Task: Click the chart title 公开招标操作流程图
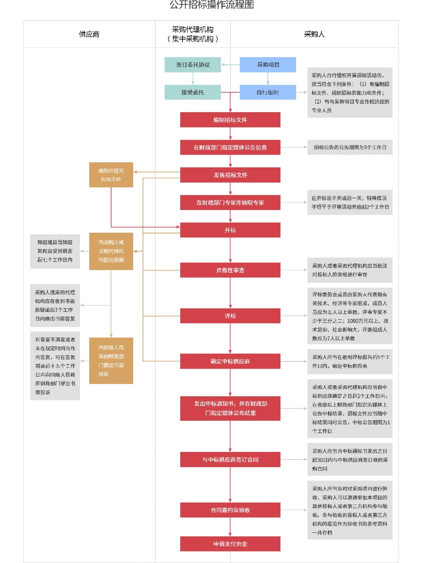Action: (x=211, y=5)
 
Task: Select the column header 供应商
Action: (x=89, y=34)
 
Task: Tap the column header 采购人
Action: (x=314, y=34)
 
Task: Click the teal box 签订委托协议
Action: (x=193, y=65)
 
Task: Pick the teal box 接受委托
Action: (x=193, y=92)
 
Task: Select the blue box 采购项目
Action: (x=268, y=65)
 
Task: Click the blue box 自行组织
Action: (x=268, y=92)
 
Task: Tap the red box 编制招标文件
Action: (x=230, y=120)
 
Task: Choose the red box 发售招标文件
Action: (x=230, y=175)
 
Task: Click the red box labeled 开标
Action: (x=230, y=230)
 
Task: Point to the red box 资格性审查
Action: (x=230, y=270)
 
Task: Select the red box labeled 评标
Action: (x=230, y=316)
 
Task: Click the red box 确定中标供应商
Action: (x=230, y=361)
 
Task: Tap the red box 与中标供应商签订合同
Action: (x=230, y=459)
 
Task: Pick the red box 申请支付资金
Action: (x=230, y=544)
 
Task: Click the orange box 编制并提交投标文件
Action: (x=111, y=175)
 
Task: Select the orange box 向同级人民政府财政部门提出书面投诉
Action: (x=111, y=360)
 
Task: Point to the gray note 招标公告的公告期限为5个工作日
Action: (x=350, y=147)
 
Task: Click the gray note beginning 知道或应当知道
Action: (x=55, y=251)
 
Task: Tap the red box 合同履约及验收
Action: (x=230, y=510)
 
